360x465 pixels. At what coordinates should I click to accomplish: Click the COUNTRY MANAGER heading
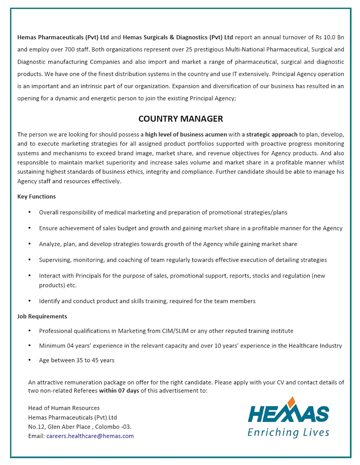click(180, 119)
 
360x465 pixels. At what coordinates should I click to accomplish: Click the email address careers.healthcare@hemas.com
click(90, 436)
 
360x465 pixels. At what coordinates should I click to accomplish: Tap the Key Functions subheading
click(36, 196)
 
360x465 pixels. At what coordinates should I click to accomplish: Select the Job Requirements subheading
click(42, 316)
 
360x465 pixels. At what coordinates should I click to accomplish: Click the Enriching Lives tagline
click(288, 432)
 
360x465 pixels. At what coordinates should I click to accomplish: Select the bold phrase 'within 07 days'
click(119, 390)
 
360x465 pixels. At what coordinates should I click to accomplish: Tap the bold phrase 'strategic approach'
click(272, 134)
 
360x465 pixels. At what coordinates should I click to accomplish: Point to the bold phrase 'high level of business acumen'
click(186, 134)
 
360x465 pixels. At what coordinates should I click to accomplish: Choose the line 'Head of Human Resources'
click(64, 408)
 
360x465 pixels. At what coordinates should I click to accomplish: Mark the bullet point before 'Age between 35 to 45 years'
click(30, 360)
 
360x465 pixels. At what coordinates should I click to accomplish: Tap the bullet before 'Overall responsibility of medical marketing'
click(30, 212)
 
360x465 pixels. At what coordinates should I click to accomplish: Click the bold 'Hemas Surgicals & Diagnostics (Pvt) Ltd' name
click(178, 37)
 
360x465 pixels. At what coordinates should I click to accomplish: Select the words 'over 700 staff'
click(71, 50)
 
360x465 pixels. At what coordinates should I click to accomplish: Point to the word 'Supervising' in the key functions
click(55, 260)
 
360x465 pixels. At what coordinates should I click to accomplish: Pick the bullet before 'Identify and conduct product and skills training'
click(30, 301)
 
